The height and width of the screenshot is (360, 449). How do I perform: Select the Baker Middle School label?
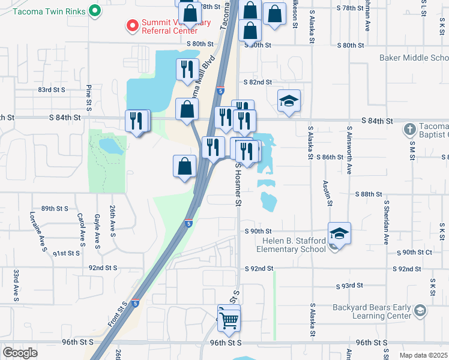[414, 58]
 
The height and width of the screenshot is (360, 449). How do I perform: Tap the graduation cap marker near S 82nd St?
[289, 101]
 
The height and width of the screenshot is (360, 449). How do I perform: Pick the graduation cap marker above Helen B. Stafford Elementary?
[339, 233]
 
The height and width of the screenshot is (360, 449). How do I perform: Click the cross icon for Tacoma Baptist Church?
[409, 129]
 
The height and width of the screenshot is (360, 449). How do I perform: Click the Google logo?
[20, 352]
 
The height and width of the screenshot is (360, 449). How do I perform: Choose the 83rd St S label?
[51, 89]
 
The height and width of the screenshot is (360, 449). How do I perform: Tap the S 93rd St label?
[350, 287]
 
